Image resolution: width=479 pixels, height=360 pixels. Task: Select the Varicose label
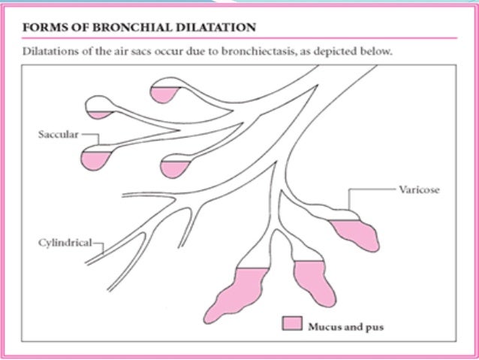point(420,190)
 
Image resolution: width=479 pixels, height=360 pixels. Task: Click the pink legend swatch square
point(291,325)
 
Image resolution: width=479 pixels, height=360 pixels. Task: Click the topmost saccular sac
point(165,92)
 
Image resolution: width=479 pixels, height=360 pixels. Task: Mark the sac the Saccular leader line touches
point(97,157)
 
